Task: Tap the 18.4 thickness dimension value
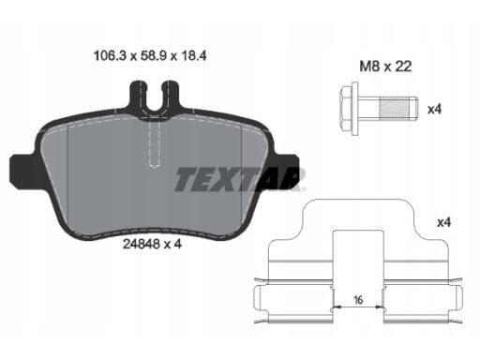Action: (193, 56)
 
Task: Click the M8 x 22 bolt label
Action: (385, 67)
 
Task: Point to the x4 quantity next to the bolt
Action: (434, 110)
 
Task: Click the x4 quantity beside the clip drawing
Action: (443, 222)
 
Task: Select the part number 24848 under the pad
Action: (142, 244)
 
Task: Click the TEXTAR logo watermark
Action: (240, 179)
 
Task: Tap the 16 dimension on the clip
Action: (358, 300)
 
